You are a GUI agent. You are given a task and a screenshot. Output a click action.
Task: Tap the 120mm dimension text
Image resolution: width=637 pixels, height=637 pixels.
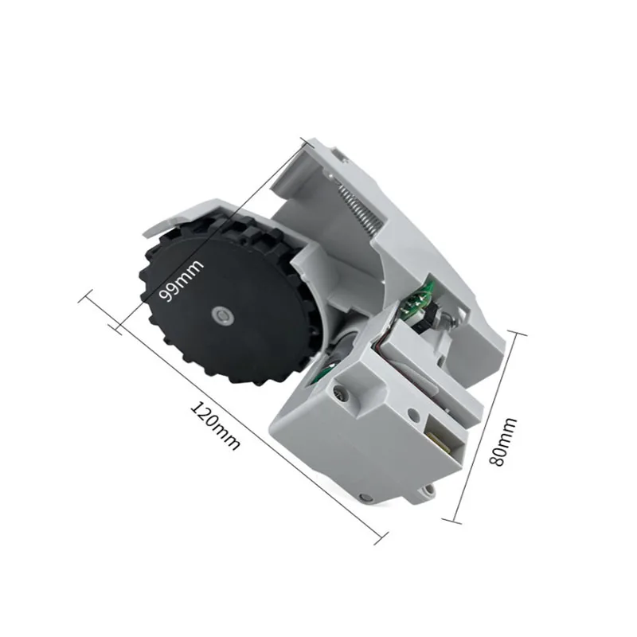click(x=214, y=426)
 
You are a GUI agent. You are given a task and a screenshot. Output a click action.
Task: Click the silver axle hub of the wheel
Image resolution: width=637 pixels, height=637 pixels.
click(x=222, y=316)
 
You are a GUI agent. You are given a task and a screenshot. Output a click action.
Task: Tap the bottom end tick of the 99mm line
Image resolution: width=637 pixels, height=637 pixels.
click(x=119, y=326)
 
